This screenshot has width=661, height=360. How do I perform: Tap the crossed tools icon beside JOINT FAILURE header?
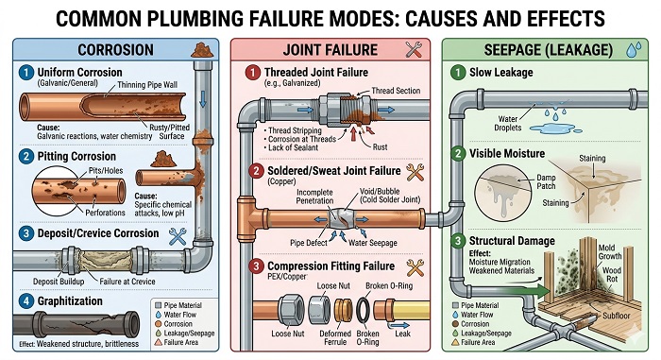pos(413,50)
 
